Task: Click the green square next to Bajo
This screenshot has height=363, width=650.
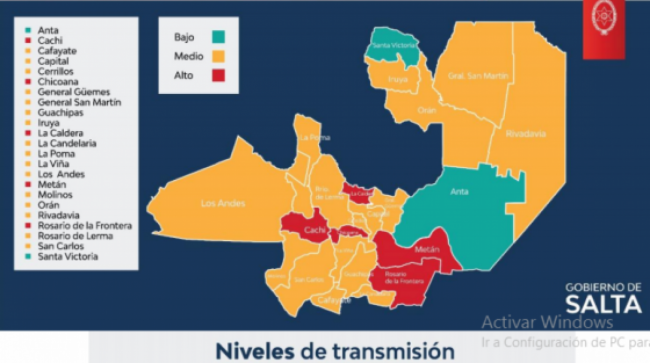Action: click(x=218, y=37)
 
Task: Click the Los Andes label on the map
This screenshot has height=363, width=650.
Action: click(x=223, y=203)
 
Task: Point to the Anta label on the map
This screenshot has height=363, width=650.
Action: click(x=460, y=191)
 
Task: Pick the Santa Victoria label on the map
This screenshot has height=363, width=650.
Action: click(x=391, y=44)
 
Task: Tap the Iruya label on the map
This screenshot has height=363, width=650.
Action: click(x=398, y=77)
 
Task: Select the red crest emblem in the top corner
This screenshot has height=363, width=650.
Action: click(x=604, y=17)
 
